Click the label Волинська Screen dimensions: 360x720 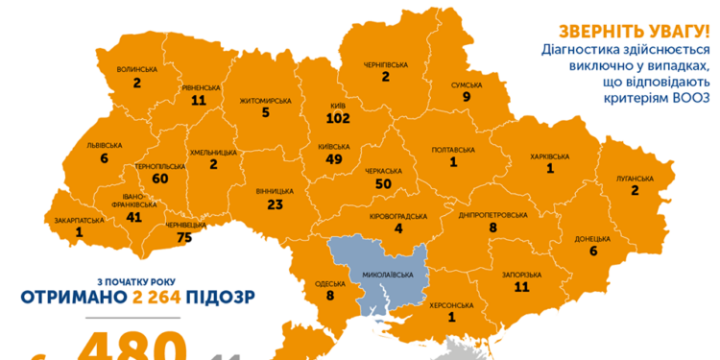coord(136,69)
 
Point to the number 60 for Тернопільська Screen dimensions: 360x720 coord(159,179)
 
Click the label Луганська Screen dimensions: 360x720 coord(635,178)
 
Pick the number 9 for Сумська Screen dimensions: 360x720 coord(466,96)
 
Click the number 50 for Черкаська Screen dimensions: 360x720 coord(383,182)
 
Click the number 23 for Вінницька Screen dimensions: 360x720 coord(275,204)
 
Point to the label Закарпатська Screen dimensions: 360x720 coord(79,219)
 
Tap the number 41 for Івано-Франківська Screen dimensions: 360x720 coord(133,218)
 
